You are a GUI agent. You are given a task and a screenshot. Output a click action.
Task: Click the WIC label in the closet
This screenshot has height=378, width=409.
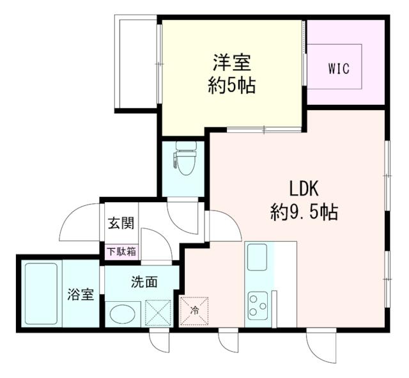(x=339, y=68)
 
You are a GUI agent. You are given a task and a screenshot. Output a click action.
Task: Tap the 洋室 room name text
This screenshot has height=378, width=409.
(x=231, y=63)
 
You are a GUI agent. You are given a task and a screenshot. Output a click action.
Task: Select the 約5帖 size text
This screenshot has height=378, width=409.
(x=231, y=85)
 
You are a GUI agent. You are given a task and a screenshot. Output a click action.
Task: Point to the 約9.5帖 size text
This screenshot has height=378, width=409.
(x=304, y=211)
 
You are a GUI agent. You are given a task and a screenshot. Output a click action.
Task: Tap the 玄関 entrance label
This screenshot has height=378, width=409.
(x=120, y=223)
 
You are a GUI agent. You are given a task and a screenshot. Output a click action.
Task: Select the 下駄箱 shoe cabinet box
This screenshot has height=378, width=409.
(x=121, y=251)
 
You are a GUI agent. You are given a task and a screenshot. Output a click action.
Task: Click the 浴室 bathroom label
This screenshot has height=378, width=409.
(x=81, y=295)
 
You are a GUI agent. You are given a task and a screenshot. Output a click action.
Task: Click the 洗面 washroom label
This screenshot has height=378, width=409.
(x=144, y=281)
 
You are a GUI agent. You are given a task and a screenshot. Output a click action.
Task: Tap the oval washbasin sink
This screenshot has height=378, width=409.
(x=124, y=313)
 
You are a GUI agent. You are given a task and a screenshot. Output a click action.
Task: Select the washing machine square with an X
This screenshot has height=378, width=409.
(x=158, y=313)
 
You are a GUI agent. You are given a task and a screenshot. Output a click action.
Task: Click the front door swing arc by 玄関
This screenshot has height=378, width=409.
(x=80, y=221)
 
